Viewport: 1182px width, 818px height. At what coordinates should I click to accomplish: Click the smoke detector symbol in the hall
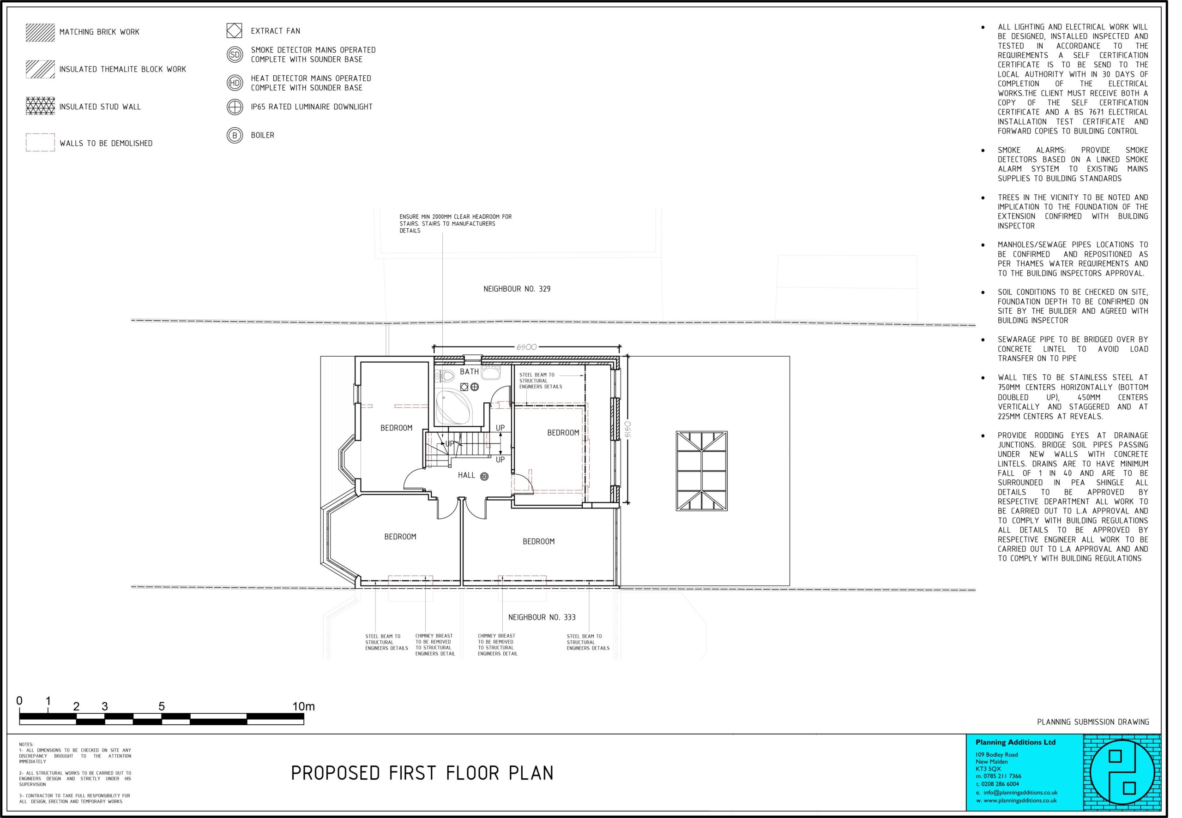coord(484,477)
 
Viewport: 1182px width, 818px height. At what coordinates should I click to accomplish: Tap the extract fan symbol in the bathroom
coord(464,387)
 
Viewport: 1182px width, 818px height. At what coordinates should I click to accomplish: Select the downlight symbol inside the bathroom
coord(474,387)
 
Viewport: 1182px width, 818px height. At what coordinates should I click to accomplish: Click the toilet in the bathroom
coord(445,376)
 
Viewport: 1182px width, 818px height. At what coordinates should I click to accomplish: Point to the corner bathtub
coord(453,407)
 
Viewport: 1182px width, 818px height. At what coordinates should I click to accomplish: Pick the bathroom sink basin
coord(491,373)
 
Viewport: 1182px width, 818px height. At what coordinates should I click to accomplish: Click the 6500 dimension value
coord(526,347)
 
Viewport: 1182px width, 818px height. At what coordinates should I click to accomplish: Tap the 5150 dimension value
coord(627,430)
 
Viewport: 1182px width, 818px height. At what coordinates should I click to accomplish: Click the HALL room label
coord(466,475)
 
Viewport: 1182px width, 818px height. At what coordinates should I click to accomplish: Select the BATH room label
coord(469,371)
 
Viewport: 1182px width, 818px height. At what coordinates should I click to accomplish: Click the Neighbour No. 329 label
coord(517,289)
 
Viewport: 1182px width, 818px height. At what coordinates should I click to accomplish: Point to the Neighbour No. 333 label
coord(542,618)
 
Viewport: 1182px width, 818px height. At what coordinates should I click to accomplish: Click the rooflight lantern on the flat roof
coord(701,472)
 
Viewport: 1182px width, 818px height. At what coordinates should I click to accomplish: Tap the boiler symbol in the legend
coord(235,135)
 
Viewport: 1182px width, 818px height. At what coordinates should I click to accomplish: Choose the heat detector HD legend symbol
coord(235,83)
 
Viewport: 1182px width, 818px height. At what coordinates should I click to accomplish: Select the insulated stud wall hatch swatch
coord(40,106)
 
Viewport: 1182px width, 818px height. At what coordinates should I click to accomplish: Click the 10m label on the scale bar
coord(303,707)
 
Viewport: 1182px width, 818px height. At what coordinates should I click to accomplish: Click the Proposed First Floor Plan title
coord(422,773)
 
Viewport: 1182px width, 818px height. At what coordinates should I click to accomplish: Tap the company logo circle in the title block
coord(1122,772)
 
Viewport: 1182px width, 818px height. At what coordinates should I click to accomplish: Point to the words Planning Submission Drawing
coord(1093,722)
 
